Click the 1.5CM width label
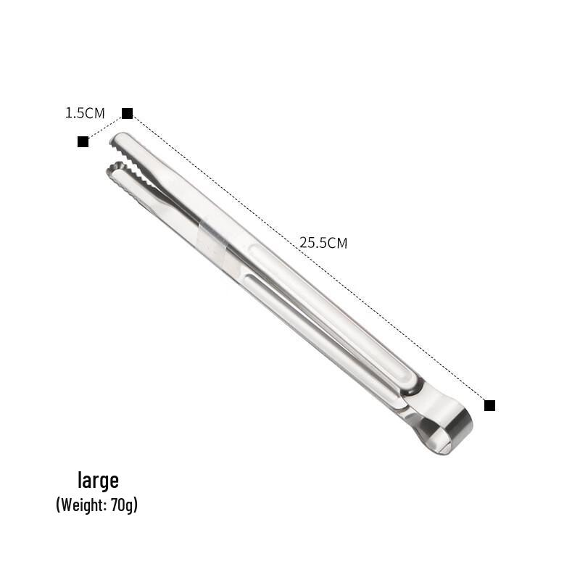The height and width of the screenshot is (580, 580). click(x=85, y=113)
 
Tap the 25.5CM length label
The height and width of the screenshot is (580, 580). click(x=323, y=243)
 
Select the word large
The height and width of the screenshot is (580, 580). click(x=98, y=481)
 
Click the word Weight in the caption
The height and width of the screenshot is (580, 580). click(x=82, y=505)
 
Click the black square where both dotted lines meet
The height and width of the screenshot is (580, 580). click(x=128, y=113)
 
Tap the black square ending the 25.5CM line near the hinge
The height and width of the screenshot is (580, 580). click(x=490, y=405)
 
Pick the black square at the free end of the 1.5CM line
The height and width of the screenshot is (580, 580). click(x=83, y=141)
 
